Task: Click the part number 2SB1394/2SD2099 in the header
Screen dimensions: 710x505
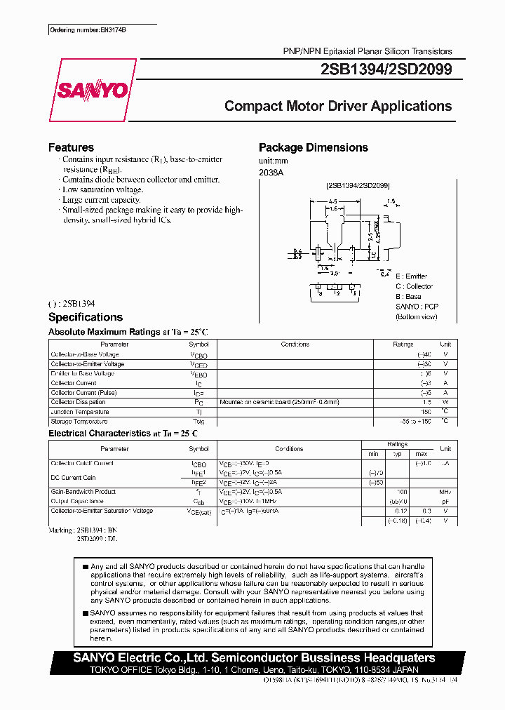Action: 387,69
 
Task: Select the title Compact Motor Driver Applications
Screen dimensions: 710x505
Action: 338,107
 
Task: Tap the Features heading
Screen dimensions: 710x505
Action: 71,147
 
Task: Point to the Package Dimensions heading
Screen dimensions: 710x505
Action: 314,147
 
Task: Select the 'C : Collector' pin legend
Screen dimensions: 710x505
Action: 414,286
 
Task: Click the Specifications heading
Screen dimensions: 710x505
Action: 86,317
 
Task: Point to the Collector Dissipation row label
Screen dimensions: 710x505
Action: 79,402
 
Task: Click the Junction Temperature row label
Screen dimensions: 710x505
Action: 79,412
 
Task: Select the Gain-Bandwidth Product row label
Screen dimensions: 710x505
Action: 83,492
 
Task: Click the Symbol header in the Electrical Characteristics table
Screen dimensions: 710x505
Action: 198,448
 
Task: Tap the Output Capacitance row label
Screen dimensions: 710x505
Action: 76,502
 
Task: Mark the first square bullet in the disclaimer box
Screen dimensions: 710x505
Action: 85,566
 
